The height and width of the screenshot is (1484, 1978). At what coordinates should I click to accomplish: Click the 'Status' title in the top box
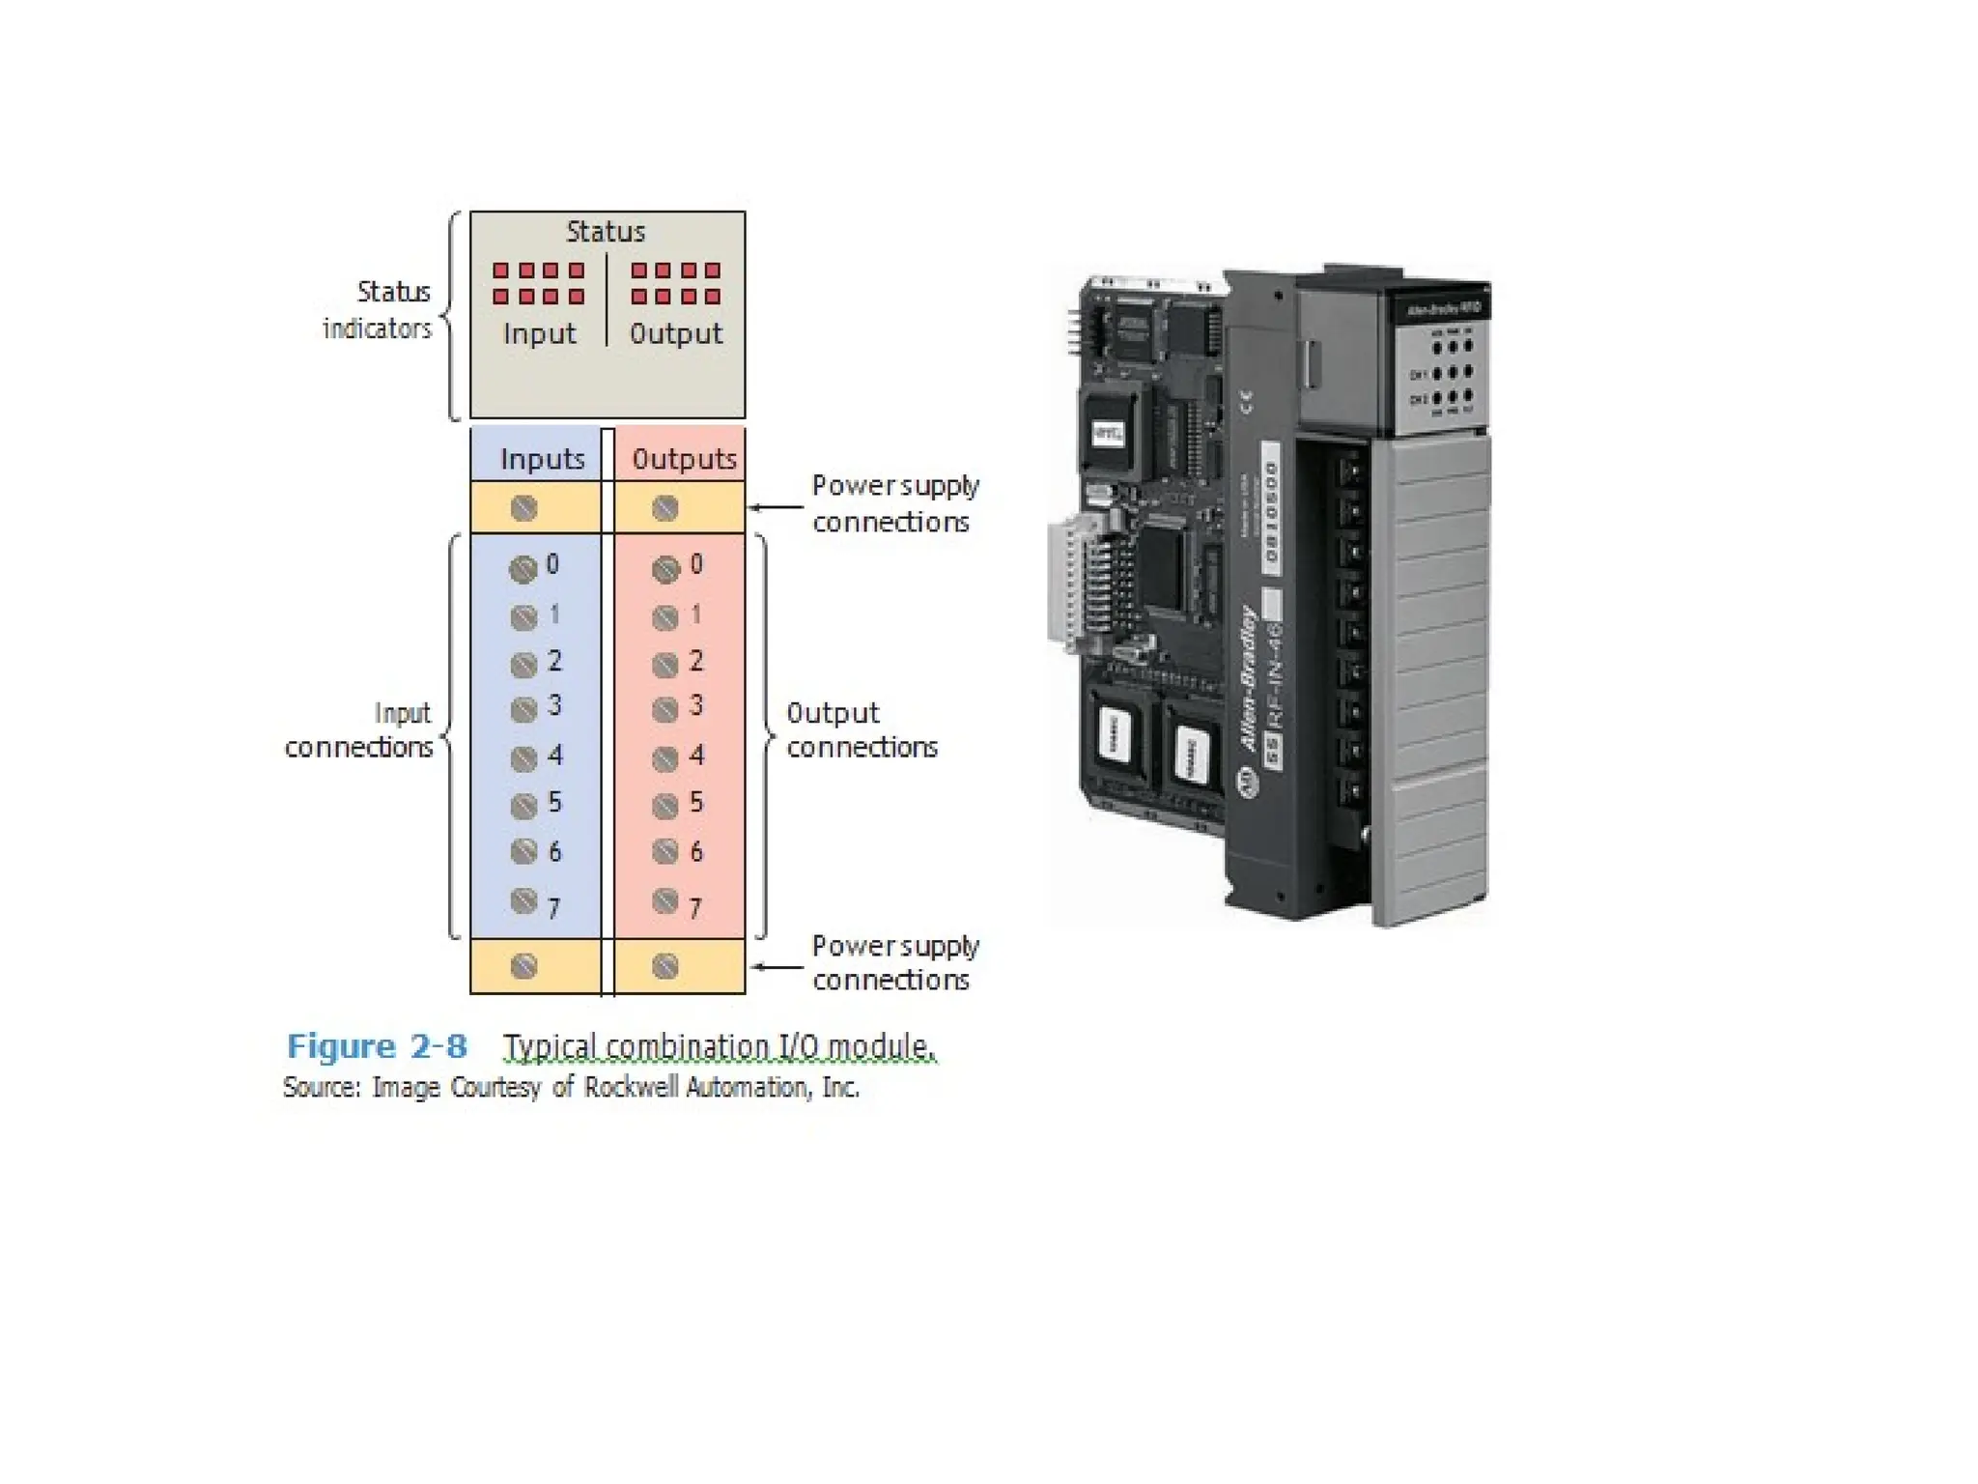pos(605,232)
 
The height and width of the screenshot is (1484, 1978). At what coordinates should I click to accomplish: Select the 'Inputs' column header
pos(542,459)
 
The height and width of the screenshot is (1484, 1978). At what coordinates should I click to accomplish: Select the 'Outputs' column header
pos(684,459)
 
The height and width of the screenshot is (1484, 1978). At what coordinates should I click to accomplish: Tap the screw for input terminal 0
pos(523,569)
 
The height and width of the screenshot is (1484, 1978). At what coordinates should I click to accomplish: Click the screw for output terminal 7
pos(665,901)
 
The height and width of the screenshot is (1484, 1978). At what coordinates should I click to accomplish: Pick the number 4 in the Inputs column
pos(554,756)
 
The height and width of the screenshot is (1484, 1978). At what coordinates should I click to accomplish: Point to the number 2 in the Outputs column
pos(696,661)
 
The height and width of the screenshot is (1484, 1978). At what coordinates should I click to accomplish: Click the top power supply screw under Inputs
pos(523,508)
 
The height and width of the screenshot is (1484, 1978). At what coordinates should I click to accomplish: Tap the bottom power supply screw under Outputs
pos(665,966)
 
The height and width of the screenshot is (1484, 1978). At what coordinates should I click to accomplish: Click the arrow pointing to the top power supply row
pos(777,506)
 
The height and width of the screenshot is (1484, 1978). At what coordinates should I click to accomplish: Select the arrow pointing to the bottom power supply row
pos(777,966)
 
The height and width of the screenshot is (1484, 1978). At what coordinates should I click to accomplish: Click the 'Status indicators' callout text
pos(379,310)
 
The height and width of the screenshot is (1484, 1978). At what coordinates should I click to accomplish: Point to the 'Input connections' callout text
pos(359,730)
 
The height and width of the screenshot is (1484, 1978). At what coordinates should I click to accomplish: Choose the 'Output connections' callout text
pos(861,730)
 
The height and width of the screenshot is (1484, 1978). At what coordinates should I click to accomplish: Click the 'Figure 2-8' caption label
pos(377,1046)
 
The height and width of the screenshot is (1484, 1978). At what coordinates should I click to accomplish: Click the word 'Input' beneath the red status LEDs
pos(539,334)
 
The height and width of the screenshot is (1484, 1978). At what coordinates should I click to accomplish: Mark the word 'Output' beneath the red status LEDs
pos(676,334)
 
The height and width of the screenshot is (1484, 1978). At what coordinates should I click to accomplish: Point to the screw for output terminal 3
pos(665,711)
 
